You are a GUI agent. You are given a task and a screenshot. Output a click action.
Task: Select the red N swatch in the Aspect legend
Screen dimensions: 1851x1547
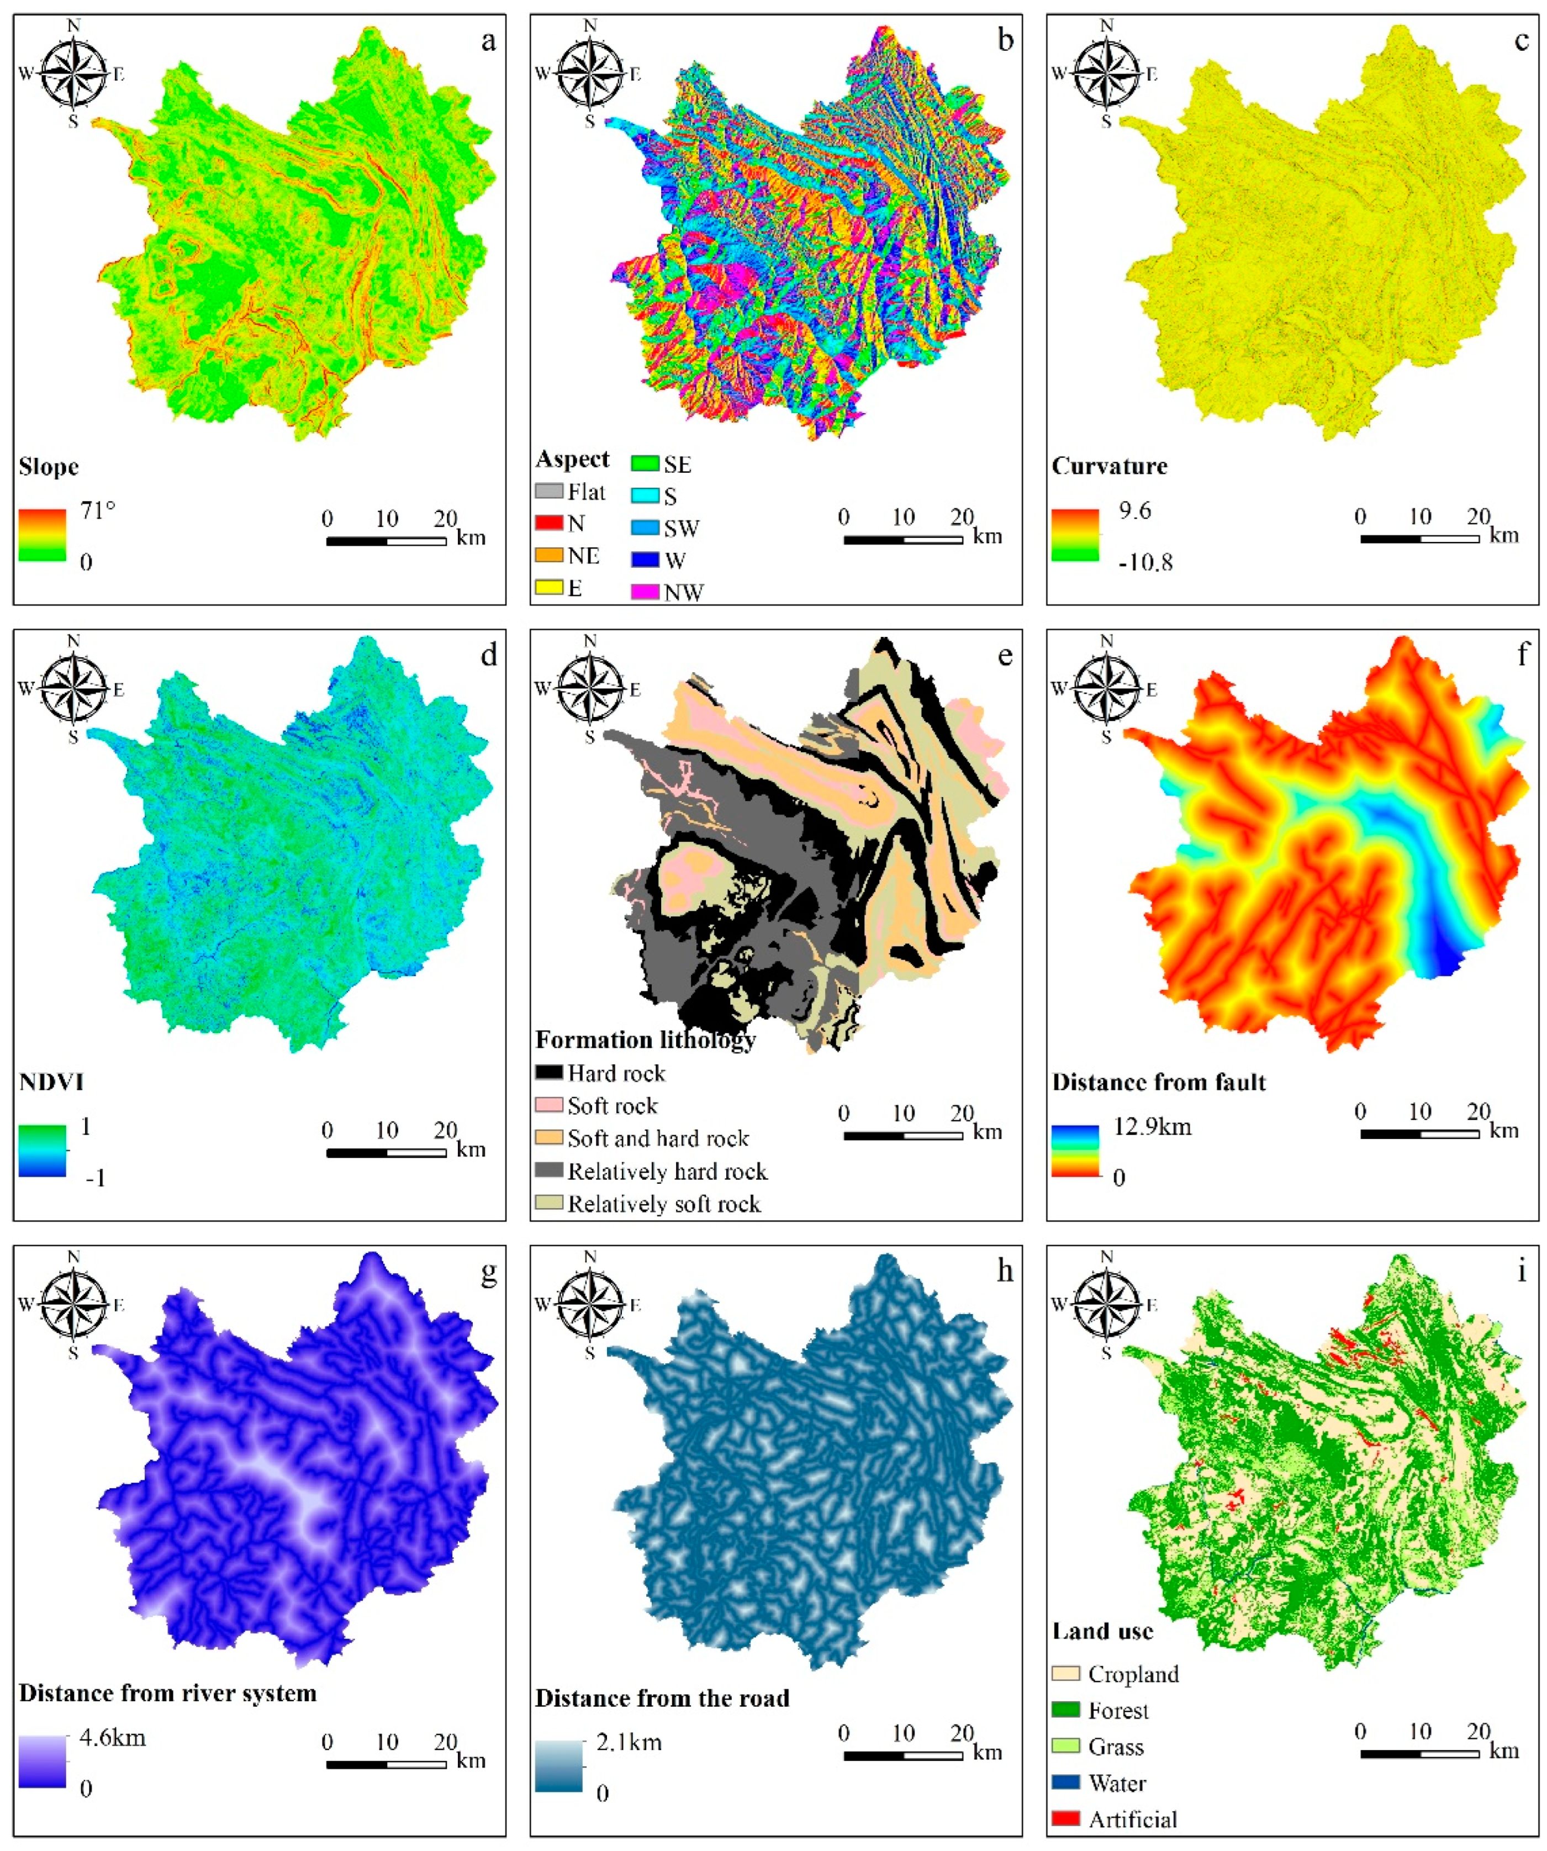tap(548, 523)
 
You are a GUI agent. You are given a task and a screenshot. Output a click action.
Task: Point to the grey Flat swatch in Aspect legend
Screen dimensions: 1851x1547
tap(548, 491)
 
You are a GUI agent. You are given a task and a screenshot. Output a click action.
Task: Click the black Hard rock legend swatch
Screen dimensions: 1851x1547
tap(548, 1073)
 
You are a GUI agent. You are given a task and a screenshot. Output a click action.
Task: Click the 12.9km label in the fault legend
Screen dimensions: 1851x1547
tap(1152, 1126)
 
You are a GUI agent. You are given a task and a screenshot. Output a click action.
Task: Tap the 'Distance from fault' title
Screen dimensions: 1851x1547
tap(1158, 1083)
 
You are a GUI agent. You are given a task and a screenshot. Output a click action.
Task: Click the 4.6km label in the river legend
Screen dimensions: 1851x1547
tap(112, 1738)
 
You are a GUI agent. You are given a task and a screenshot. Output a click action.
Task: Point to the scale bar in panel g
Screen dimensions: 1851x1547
tap(386, 1765)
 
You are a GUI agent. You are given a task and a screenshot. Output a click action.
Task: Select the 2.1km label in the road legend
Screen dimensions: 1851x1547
tap(629, 1743)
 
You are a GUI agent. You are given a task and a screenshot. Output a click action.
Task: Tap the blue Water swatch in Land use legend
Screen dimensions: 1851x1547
tap(1066, 1783)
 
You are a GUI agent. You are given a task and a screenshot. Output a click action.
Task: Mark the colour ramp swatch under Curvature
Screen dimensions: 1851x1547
tap(1075, 535)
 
